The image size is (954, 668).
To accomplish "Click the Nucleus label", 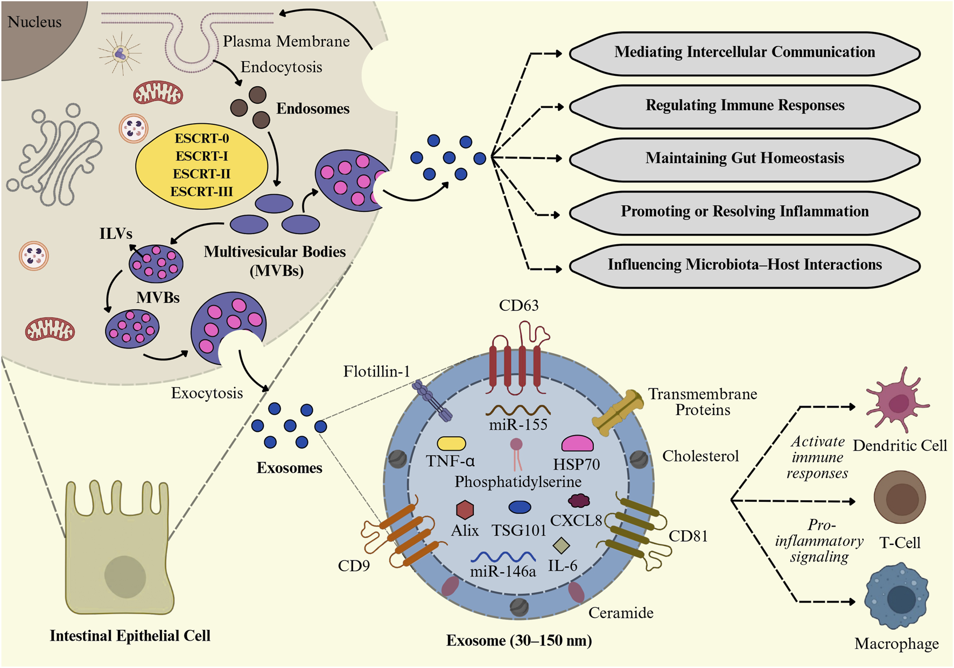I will pos(34,22).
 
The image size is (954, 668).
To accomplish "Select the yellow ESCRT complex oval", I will pos(201,165).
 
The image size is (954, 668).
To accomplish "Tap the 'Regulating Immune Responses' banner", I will pos(745,105).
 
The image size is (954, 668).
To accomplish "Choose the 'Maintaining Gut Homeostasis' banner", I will pos(745,158).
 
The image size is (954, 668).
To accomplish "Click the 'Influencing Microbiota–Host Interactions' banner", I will pos(745,265).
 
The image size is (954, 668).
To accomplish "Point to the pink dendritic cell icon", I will pos(896,401).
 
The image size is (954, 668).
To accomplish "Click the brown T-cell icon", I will pos(900,498).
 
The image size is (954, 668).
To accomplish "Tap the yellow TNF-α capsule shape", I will pos(451,444).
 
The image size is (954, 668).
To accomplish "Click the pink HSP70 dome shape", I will pos(577,444).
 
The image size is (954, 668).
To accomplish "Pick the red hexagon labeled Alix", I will pos(465,509).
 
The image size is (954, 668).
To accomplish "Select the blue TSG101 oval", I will pos(520,507).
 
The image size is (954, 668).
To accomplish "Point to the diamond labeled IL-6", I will pos(562,545).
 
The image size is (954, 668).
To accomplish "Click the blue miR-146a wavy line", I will pos(503,557).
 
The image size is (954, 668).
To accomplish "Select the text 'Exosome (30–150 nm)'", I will pos(519,641).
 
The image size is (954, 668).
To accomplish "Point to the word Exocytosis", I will pos(207,393).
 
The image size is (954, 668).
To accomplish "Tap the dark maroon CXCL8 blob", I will pos(579,501).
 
